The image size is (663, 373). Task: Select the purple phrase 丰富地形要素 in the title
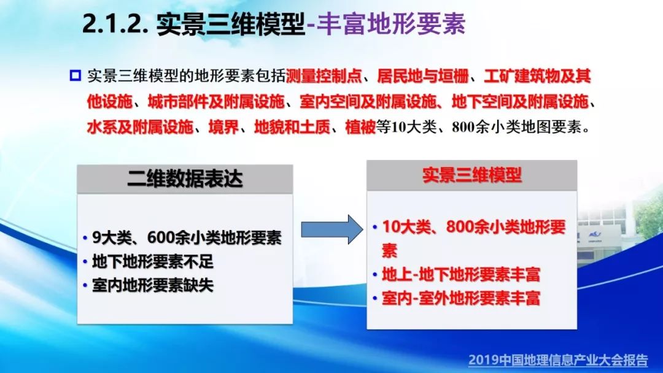[x=390, y=23]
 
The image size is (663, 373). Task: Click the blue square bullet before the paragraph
[x=75, y=75]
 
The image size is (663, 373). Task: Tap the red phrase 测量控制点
[x=324, y=76]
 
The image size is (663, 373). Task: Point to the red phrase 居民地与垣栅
[x=422, y=76]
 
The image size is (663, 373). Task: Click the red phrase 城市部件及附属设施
[x=216, y=101]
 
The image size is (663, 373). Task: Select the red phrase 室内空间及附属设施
[x=368, y=101]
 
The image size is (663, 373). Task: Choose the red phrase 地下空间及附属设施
[x=520, y=101]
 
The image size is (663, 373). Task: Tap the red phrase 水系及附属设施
[x=141, y=127]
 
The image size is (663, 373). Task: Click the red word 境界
[x=223, y=127]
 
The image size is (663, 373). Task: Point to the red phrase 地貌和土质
[x=292, y=127]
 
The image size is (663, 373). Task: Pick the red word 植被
[x=360, y=127]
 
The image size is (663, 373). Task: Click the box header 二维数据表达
[x=185, y=179]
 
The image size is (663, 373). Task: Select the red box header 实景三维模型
[x=472, y=175]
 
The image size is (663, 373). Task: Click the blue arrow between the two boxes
[x=332, y=229]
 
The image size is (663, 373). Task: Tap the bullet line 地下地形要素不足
[x=153, y=262]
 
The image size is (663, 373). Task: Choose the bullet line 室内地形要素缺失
[x=153, y=285]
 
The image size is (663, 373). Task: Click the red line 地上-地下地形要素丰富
[x=461, y=275]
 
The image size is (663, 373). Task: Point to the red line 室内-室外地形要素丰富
[x=461, y=298]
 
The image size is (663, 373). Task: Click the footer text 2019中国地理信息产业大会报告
[x=558, y=360]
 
